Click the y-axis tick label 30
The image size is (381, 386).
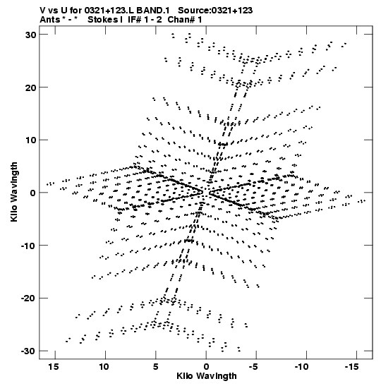click(30, 35)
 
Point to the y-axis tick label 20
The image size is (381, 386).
click(30, 88)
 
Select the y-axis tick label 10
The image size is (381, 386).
click(31, 140)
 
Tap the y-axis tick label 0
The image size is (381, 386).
click(33, 193)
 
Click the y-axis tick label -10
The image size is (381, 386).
click(28, 246)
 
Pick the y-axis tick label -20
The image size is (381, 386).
click(28, 298)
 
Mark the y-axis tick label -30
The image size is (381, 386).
click(28, 351)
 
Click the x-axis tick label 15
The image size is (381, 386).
click(54, 367)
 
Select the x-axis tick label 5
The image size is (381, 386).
click(155, 367)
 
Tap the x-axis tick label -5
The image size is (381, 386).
click(253, 367)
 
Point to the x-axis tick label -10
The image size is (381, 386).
click(302, 367)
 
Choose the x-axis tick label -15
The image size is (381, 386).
click(352, 367)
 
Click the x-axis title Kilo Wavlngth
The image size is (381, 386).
click(207, 376)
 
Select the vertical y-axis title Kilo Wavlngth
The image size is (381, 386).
click(14, 192)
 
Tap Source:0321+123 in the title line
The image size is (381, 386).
click(215, 11)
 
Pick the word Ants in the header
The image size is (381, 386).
click(49, 20)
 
